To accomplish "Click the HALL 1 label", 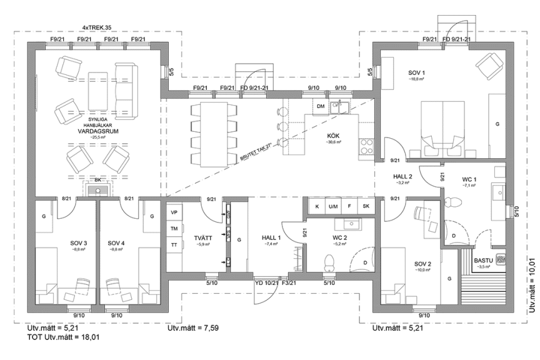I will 272,237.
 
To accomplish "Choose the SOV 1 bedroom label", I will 416,72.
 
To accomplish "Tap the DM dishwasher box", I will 321,107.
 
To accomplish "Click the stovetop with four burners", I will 364,147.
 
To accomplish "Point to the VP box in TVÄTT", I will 174,212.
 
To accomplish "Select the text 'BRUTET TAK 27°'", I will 257,153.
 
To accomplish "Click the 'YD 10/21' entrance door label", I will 266,283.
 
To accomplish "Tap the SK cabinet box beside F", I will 366,206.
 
